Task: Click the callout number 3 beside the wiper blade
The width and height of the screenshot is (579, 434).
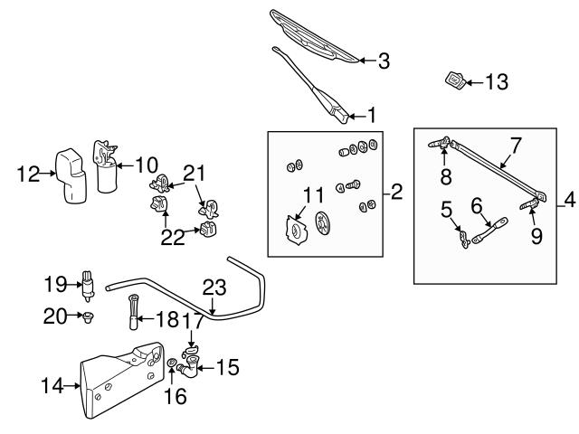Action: click(384, 61)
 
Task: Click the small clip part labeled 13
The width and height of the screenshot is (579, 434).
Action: click(455, 81)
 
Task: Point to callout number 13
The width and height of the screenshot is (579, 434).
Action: click(497, 82)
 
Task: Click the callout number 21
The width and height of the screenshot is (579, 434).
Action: click(195, 171)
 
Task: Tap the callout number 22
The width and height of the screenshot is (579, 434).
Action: click(172, 237)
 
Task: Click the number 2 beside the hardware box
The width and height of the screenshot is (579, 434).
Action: click(396, 192)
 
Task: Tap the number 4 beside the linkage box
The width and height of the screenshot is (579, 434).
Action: click(567, 198)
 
